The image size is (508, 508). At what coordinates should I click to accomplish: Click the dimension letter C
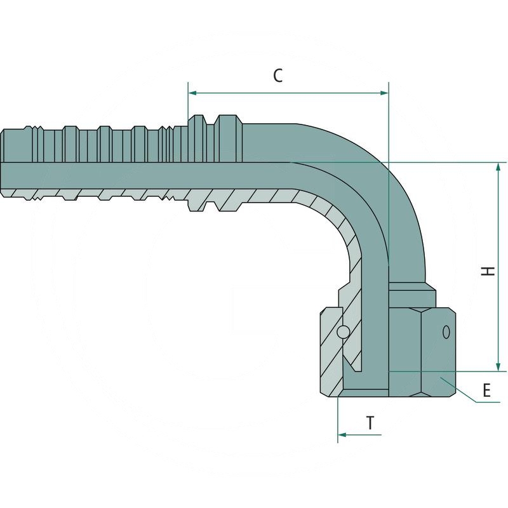coord(277,75)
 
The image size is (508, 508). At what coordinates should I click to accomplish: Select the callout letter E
coord(486,390)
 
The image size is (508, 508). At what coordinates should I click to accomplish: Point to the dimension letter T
coord(370,423)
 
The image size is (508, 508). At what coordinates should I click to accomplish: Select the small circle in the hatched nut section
coord(342,331)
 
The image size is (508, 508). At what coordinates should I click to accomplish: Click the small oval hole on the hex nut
coord(446,331)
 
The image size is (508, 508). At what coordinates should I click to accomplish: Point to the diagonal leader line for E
coord(460,390)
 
